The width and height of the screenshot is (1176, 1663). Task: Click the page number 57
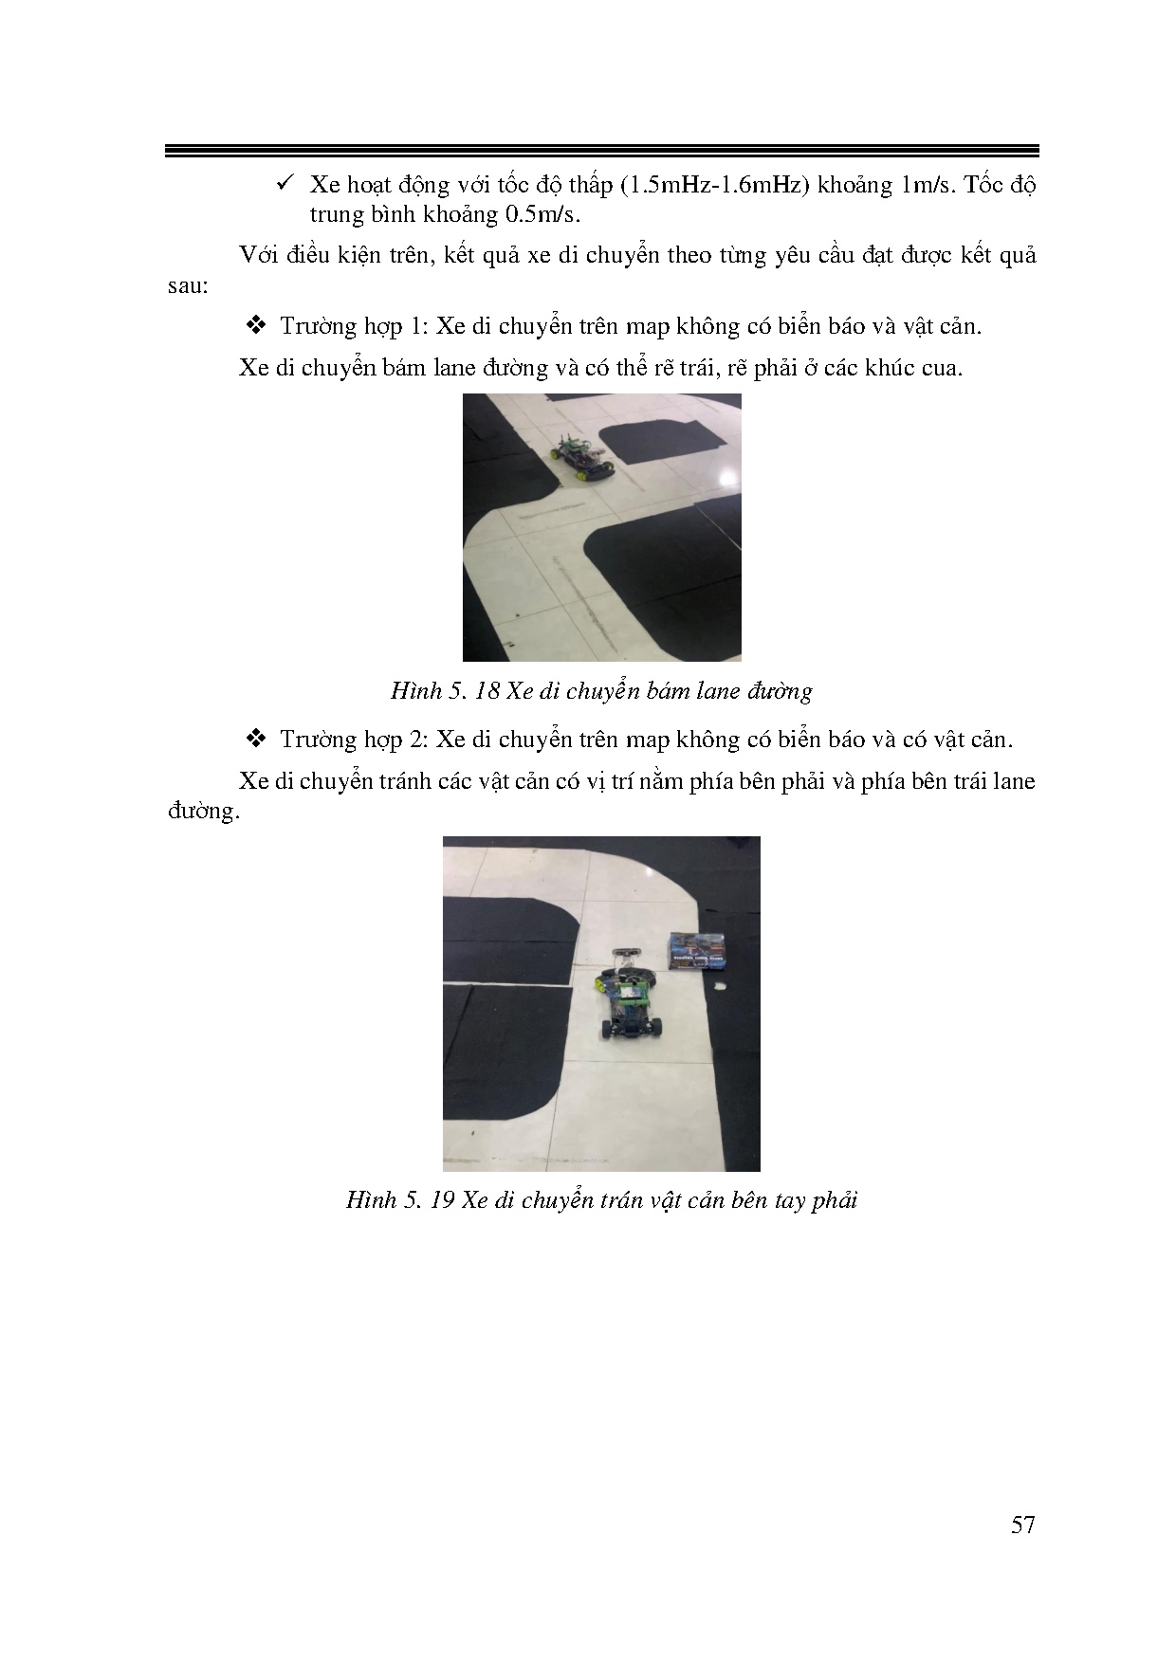1022,1525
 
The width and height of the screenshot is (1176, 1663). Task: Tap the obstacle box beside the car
699,951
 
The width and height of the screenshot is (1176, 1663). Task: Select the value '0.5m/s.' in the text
542,214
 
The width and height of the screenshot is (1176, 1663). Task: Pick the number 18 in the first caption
487,690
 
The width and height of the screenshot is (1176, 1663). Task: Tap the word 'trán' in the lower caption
619,1199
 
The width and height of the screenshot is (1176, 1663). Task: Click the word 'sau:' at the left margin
188,285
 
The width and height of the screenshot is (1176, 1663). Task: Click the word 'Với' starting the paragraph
258,255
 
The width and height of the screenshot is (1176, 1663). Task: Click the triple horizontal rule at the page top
601,150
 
